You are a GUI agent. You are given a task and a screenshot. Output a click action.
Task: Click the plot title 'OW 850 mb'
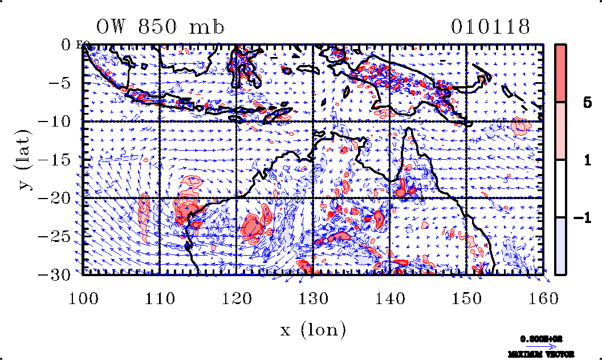pos(160,27)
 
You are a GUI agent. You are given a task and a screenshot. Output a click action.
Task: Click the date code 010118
pos(491,27)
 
